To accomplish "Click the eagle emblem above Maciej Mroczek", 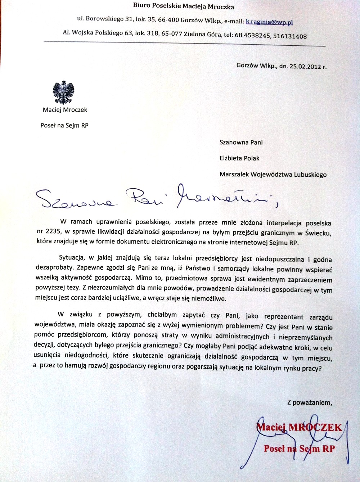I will coord(64,93).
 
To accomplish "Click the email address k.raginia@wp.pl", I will coord(269,22).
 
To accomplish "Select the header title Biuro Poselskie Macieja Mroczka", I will coord(184,6).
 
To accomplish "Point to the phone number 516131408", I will coord(290,36).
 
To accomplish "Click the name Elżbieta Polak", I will coord(239,158).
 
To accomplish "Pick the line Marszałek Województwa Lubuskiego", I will coord(273,175).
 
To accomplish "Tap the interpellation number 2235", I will coord(53,231).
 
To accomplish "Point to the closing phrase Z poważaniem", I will coord(309,402).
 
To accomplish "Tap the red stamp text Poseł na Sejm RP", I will coord(299,449).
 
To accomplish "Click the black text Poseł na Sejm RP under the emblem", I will coord(64,125).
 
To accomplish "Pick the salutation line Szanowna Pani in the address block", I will coord(241,142).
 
